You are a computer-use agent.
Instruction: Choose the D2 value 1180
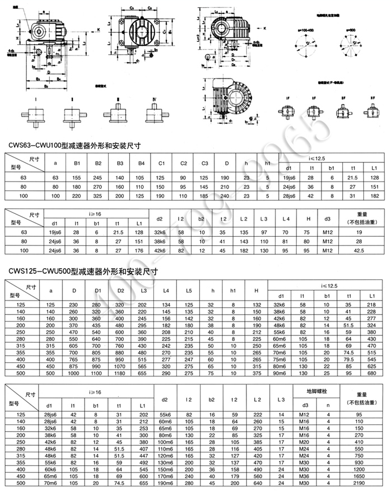tap(120, 372)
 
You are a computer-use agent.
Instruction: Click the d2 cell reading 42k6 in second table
tap(160, 250)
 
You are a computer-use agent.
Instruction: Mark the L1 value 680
tap(370, 372)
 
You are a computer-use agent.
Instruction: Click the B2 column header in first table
tap(98, 163)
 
